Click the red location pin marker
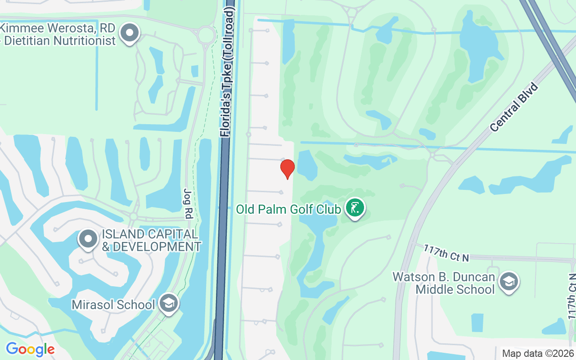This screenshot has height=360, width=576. [x=287, y=169]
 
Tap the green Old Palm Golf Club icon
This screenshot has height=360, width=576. [x=355, y=208]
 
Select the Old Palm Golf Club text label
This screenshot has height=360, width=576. [x=288, y=209]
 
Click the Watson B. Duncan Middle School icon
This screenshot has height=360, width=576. [x=509, y=282]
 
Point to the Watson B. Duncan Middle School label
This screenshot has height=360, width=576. [x=444, y=283]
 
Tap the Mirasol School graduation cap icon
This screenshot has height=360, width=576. [x=169, y=304]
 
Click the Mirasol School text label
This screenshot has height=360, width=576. [x=113, y=305]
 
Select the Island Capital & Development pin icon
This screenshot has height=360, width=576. [x=88, y=239]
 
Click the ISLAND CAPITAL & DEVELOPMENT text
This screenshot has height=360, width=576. [x=151, y=240]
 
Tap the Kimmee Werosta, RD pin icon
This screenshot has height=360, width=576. [x=130, y=33]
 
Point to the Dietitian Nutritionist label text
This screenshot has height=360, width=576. [x=60, y=40]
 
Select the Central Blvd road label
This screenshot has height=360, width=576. [x=514, y=107]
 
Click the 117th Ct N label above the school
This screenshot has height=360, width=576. [x=446, y=252]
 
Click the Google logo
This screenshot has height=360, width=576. [x=30, y=349]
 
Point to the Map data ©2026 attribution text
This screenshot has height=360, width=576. [x=538, y=353]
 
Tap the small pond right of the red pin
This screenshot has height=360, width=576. [x=306, y=165]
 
